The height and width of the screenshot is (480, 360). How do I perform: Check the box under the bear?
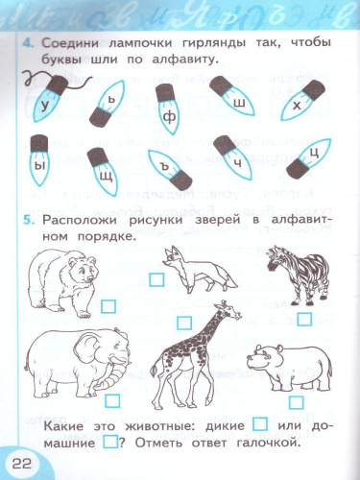coord(108,305)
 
